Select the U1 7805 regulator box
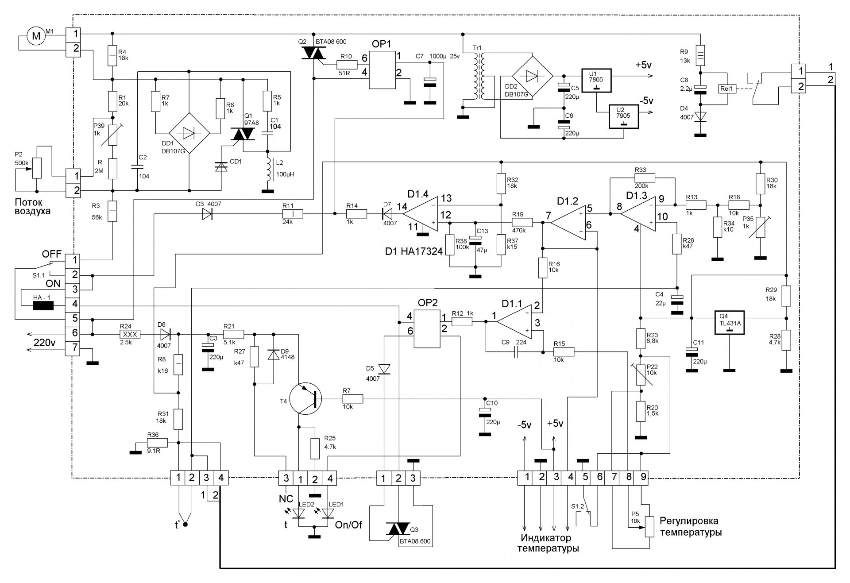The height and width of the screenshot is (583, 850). (596, 81)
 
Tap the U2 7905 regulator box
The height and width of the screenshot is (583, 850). (624, 116)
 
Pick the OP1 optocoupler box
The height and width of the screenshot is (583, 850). (383, 69)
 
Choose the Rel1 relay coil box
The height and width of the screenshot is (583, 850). (727, 89)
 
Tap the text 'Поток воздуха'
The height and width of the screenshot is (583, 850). (33, 207)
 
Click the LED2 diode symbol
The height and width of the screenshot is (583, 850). (299, 513)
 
